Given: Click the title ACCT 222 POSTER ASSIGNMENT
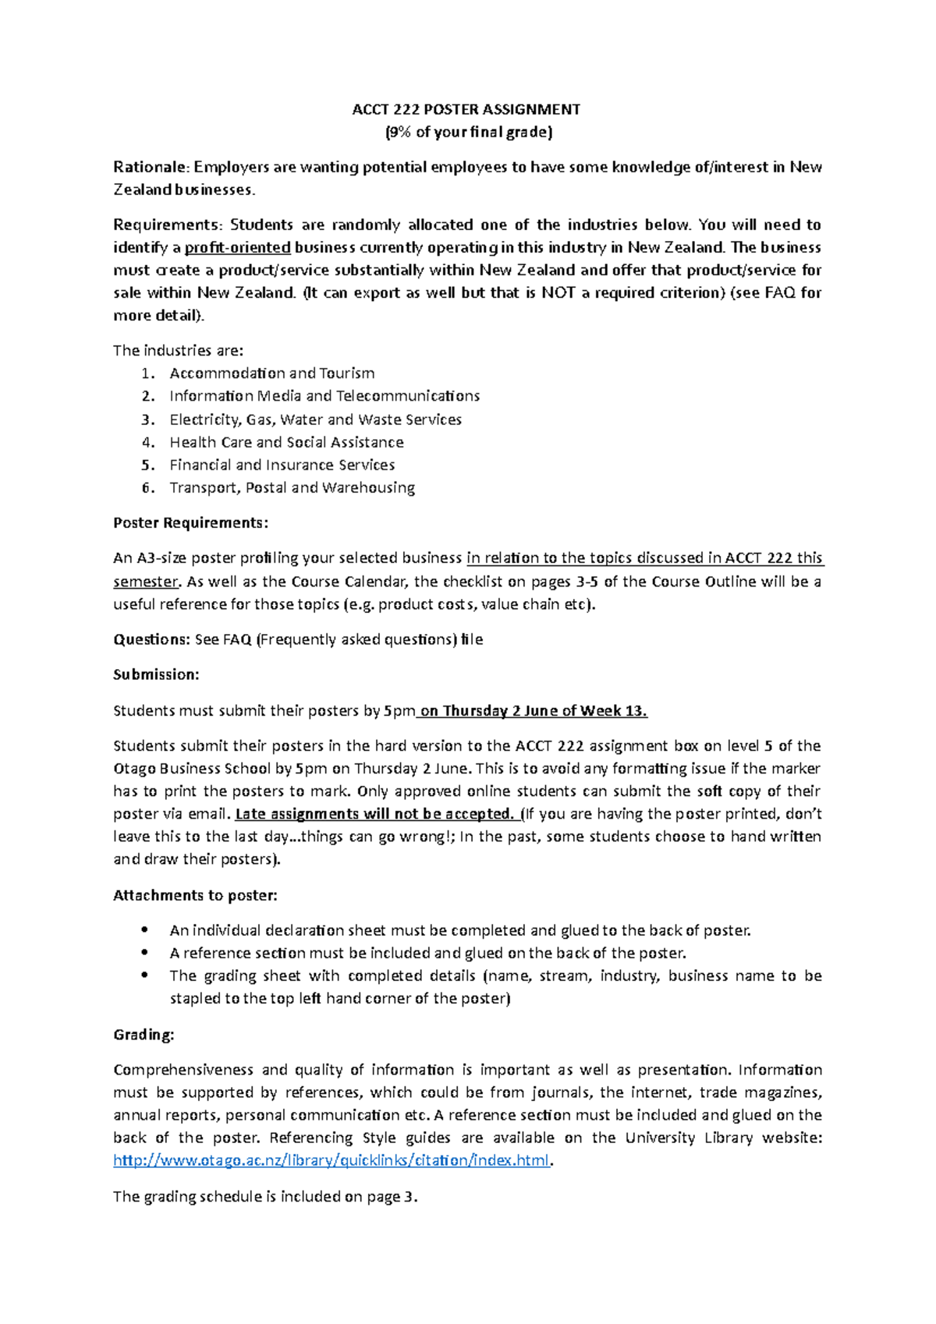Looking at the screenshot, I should point(466,109).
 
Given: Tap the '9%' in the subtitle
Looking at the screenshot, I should point(398,132).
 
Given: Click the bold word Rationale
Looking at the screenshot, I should point(151,167).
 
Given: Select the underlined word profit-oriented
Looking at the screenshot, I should point(238,248).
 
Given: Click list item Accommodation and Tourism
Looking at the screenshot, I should point(272,373).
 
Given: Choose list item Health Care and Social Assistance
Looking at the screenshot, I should point(286,442).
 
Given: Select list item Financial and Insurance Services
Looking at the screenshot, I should point(282,465).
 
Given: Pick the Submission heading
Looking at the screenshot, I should point(156,674).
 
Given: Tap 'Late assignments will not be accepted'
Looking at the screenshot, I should point(374,814).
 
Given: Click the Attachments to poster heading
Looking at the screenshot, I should point(195,895).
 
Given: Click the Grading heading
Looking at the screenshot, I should point(144,1035).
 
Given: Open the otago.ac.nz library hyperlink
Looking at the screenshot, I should point(331,1160).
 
